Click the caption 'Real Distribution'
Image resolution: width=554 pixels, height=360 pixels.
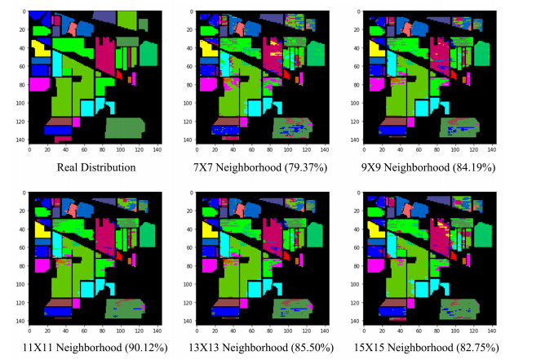96,167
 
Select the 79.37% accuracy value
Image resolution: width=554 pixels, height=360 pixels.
306,167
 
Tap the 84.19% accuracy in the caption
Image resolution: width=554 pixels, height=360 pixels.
474,167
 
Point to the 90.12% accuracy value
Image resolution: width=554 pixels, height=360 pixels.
146,348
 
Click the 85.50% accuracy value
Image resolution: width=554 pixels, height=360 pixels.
312,348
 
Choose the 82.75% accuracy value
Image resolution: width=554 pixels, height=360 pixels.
477,348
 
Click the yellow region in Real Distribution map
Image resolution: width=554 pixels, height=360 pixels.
40,50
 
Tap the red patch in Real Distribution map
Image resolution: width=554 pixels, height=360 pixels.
119,74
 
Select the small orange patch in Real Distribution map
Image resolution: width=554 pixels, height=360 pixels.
130,80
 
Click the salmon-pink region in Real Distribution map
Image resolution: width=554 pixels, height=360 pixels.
73,29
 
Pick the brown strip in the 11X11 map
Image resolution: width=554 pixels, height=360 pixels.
59,302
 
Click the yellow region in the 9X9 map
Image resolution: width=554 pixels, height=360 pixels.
376,49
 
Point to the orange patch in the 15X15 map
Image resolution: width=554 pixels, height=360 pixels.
464,261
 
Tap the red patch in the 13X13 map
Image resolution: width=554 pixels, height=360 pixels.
286,256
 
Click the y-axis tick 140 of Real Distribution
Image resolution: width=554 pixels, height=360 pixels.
24,140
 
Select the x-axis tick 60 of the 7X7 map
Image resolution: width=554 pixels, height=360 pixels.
251,150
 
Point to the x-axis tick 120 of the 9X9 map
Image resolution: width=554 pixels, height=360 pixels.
473,150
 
